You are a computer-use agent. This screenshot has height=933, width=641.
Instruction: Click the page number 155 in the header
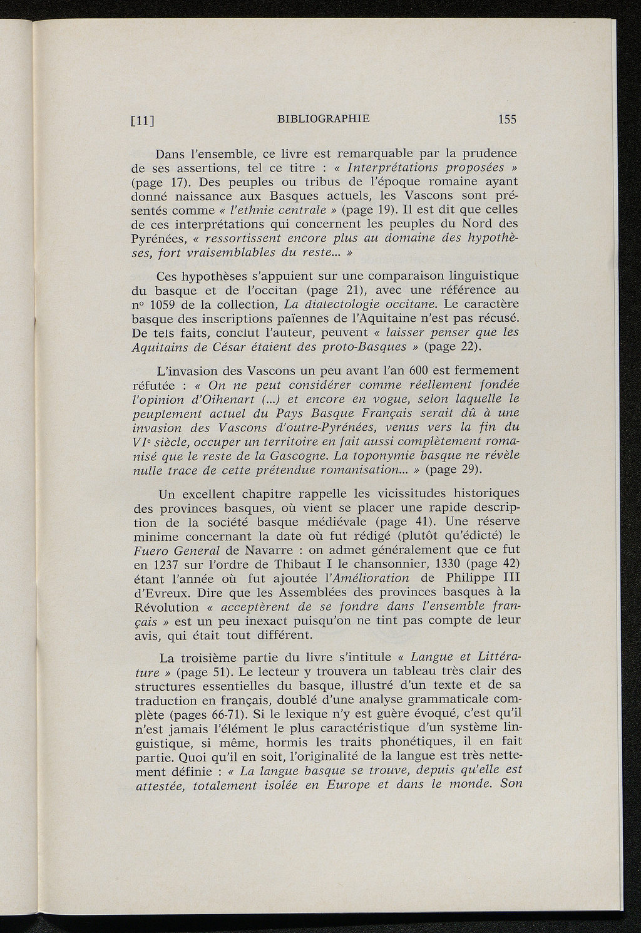tap(507, 119)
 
